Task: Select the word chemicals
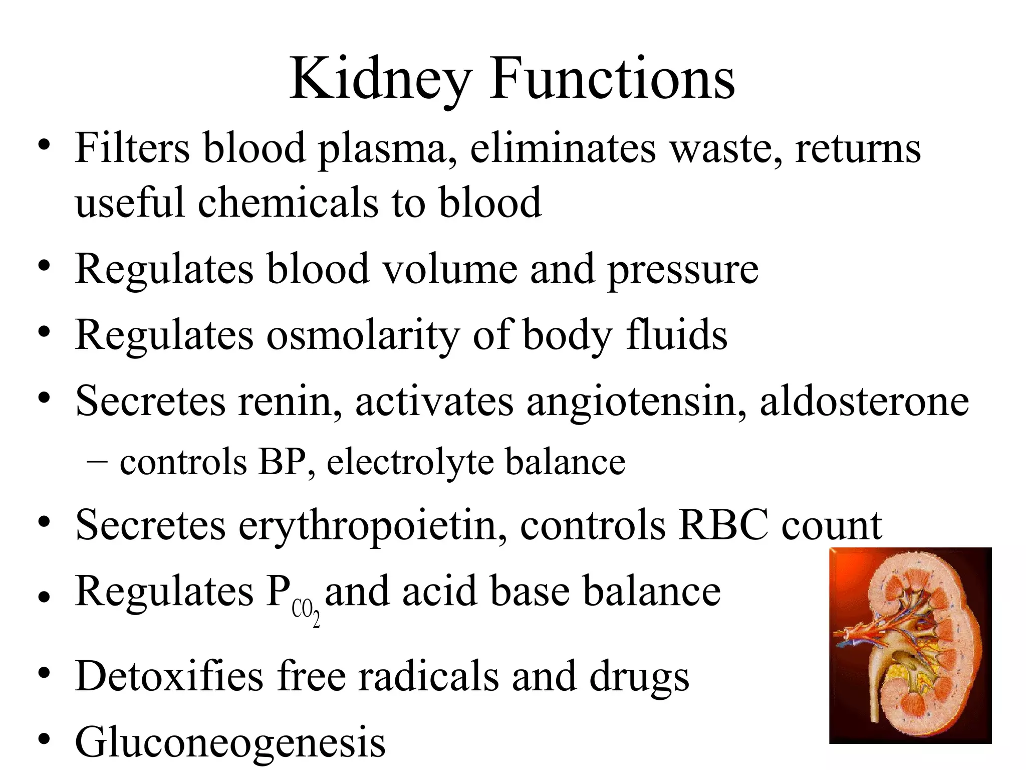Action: click(288, 203)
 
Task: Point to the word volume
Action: click(450, 270)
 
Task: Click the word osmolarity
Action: click(363, 335)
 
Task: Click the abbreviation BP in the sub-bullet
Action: click(282, 462)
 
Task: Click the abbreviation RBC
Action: click(723, 525)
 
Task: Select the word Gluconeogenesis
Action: click(230, 742)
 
